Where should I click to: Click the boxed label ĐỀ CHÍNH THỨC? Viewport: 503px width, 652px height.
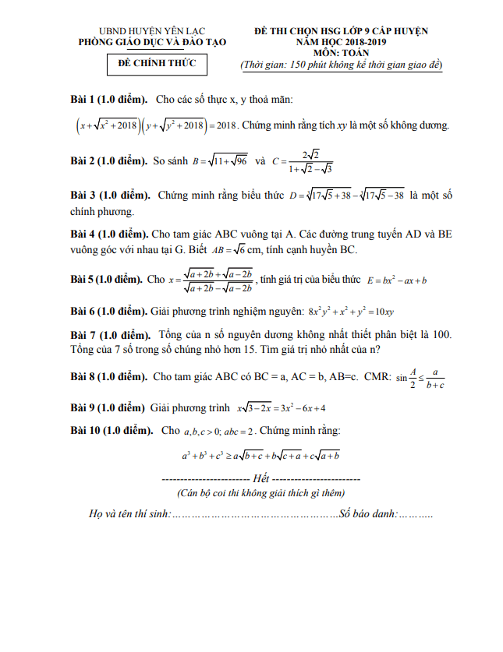click(x=157, y=63)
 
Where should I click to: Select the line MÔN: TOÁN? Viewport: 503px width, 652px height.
click(x=342, y=53)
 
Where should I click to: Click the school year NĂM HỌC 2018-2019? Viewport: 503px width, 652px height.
click(x=342, y=41)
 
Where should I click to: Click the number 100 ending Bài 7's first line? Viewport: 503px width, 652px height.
click(x=441, y=334)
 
